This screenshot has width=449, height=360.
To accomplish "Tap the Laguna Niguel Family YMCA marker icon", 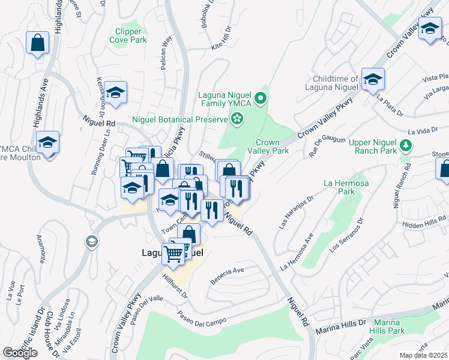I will tap(261, 98).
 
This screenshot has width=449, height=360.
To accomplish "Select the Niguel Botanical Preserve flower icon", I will tap(238, 119).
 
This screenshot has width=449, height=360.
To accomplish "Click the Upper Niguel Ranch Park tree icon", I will tap(406, 145).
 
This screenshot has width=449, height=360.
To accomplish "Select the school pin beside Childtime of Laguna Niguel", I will tap(373, 80).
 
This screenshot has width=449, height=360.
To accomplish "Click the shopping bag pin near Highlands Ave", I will tap(37, 43).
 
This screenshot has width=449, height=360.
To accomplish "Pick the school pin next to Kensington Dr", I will tap(116, 92).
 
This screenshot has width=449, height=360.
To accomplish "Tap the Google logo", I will tap(20, 353).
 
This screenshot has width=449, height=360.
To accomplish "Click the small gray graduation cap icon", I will tap(91, 242).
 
